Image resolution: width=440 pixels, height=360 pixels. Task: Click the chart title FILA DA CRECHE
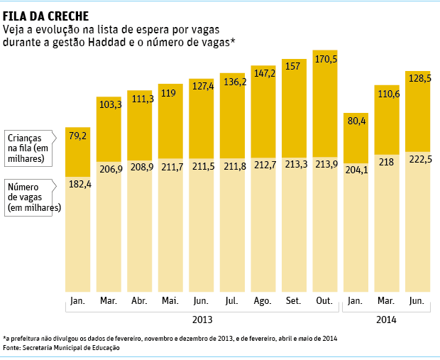click(46, 15)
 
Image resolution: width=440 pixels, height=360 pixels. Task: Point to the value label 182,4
click(78, 185)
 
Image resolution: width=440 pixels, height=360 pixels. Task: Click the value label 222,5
click(418, 159)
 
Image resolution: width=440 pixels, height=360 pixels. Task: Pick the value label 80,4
click(356, 121)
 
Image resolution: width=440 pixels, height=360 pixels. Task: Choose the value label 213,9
click(325, 165)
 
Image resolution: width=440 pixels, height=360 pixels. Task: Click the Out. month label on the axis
click(324, 300)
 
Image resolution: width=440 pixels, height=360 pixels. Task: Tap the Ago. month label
click(263, 300)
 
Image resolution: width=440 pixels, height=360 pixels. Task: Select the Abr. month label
click(140, 300)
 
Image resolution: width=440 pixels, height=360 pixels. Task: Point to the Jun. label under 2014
click(417, 300)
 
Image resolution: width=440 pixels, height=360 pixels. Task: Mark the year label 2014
click(387, 320)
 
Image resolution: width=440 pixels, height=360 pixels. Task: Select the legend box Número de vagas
click(33, 197)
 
